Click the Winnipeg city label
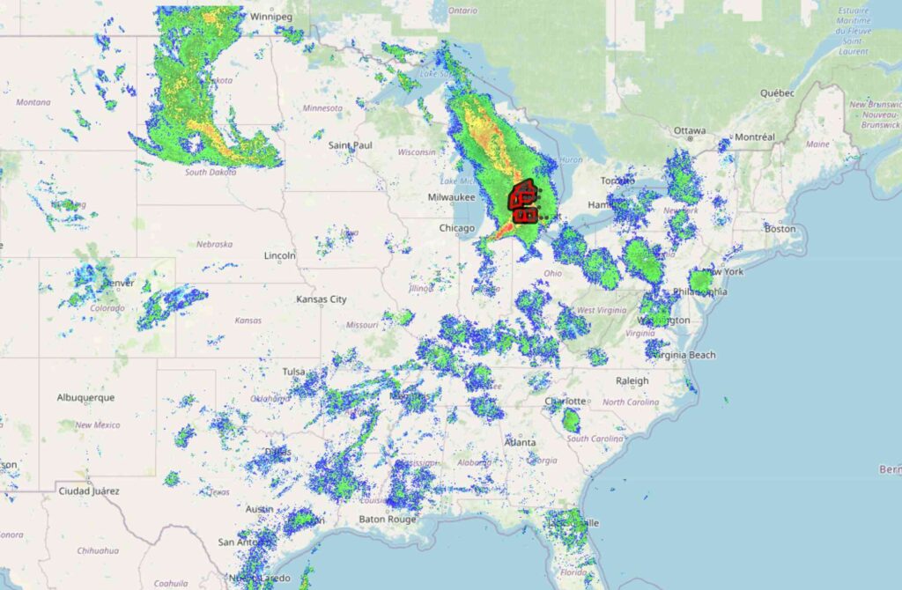(270, 16)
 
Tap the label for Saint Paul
(350, 144)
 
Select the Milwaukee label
(452, 197)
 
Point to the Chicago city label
(457, 229)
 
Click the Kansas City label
(322, 299)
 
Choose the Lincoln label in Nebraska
(279, 256)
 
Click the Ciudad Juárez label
(88, 490)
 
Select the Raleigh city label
(632, 381)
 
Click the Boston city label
(780, 229)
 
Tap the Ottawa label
(690, 130)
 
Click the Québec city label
(778, 92)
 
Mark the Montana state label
(33, 102)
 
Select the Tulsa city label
(293, 372)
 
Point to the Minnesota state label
(322, 108)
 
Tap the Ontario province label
(462, 11)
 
